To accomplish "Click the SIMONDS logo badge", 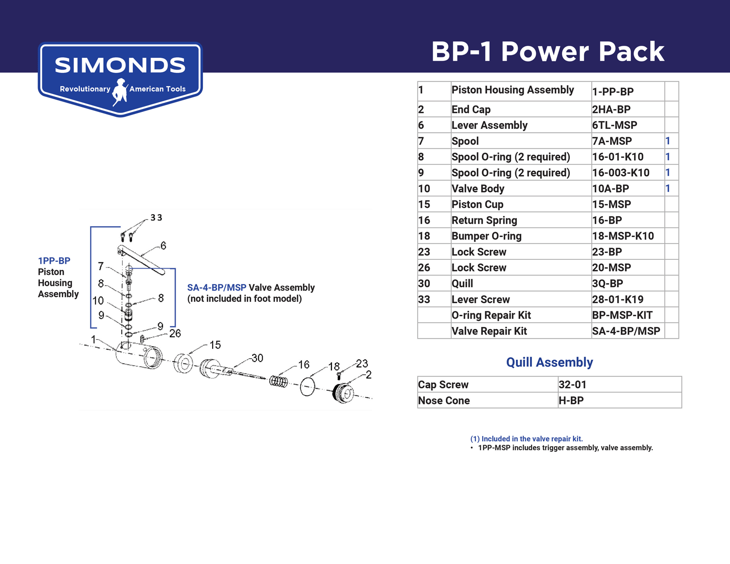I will (120, 78).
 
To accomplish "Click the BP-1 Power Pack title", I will (547, 52).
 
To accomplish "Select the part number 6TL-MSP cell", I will (615, 126).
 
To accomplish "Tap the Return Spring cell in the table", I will (484, 220).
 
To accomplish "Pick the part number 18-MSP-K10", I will (623, 236).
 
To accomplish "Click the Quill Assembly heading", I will (549, 363).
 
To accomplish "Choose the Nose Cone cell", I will (444, 400).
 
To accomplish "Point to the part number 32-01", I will (572, 384).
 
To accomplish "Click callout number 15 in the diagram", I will (215, 345).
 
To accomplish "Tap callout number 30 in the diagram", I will (257, 358).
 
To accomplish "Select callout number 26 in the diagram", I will (175, 333).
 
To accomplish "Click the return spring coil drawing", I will (279, 381).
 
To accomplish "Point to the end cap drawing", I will (344, 393).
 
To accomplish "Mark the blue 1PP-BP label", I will (54, 261).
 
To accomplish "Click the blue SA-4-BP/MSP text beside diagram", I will (217, 288).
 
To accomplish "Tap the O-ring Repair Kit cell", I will (491, 315).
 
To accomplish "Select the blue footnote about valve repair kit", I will (527, 439).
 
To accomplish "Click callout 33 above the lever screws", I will (156, 218).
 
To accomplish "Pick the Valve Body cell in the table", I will (478, 189).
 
